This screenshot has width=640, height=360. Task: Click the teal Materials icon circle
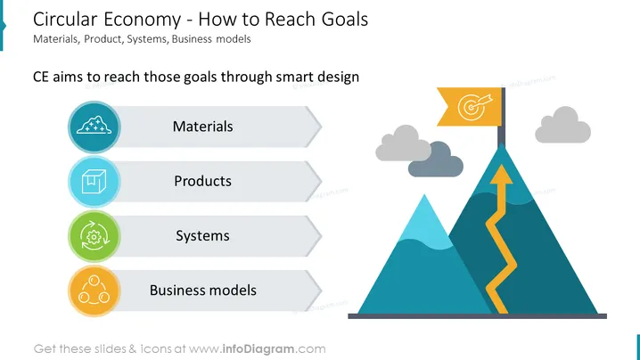coord(94,127)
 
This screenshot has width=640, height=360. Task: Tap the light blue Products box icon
coord(94,182)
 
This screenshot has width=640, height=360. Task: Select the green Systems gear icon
coord(94,236)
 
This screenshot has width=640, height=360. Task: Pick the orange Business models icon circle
coord(94,290)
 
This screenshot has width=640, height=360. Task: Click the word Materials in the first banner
coord(203,127)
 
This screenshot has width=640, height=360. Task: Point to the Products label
coord(203,181)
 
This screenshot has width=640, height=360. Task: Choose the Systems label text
coord(203,236)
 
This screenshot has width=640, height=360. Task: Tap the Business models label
coord(203,290)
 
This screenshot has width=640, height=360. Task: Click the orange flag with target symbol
coord(470,107)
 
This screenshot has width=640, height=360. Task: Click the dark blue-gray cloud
coord(436,160)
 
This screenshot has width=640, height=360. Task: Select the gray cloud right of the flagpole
coord(562,125)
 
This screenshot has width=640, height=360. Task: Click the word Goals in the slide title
coord(344,20)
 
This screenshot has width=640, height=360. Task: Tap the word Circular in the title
coord(65,20)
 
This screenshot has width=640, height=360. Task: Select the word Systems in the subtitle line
coord(146,39)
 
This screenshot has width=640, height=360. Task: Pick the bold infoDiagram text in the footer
coord(258,349)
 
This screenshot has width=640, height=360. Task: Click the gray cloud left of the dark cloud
coord(403,143)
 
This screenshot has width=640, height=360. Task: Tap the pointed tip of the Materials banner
coord(322,127)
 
